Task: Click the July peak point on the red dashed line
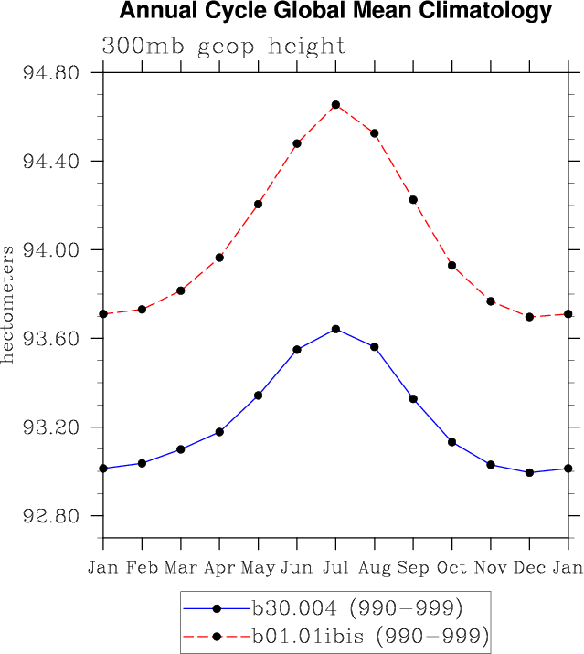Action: (335, 105)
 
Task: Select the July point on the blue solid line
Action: (335, 329)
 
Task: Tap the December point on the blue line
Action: (529, 472)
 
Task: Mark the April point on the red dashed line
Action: (219, 258)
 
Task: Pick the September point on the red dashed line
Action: (413, 199)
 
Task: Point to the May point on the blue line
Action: (258, 396)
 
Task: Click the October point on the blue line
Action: (451, 442)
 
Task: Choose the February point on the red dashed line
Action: (142, 310)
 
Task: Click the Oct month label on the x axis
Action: (451, 567)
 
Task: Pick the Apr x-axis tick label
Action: (219, 567)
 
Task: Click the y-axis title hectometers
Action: (8, 304)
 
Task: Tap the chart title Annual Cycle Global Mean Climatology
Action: (335, 12)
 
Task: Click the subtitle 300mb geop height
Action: (224, 46)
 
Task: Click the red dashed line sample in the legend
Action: (217, 634)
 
